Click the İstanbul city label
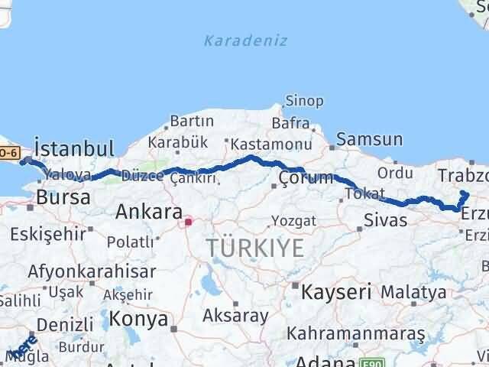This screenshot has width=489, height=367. (x=76, y=148)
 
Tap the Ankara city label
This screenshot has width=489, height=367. (x=148, y=212)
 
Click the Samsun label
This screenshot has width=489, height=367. (x=370, y=139)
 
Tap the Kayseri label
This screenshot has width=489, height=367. (x=336, y=291)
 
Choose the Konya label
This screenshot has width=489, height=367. (x=138, y=317)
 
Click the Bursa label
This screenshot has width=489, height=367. (x=63, y=197)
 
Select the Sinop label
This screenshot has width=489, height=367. (x=304, y=101)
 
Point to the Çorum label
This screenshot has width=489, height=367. (x=306, y=178)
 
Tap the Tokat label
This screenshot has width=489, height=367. (x=364, y=194)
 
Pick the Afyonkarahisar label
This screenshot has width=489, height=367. (x=91, y=271)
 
